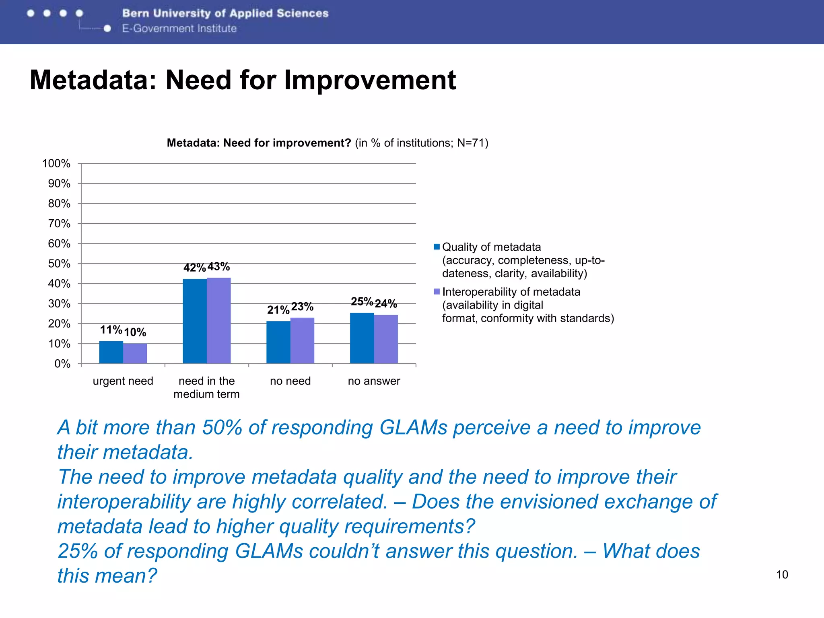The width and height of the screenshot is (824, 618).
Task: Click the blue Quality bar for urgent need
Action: coord(111,352)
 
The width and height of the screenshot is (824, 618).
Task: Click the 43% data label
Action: coord(218,267)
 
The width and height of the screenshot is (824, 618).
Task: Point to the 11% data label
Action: coord(111,330)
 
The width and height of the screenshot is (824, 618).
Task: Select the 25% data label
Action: coord(362,301)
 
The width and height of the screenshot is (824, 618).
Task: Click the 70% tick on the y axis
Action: coord(59,224)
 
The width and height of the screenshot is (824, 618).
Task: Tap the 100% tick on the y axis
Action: coord(56,164)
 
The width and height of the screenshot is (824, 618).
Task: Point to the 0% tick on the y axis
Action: coord(62,364)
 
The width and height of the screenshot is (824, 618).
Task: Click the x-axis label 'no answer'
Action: coord(374,381)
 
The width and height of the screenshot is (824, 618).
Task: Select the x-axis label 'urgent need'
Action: coord(123,381)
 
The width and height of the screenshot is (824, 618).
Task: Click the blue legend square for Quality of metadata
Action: coord(437,247)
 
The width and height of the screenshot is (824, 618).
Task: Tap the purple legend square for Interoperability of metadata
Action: coord(437,292)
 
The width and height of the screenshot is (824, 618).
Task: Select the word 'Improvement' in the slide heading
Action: coord(370,80)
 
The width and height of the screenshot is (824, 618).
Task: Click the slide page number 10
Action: coord(782,575)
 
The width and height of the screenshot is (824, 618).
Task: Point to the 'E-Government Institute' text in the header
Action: coord(179,29)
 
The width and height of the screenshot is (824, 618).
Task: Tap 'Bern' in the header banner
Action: coord(136,13)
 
